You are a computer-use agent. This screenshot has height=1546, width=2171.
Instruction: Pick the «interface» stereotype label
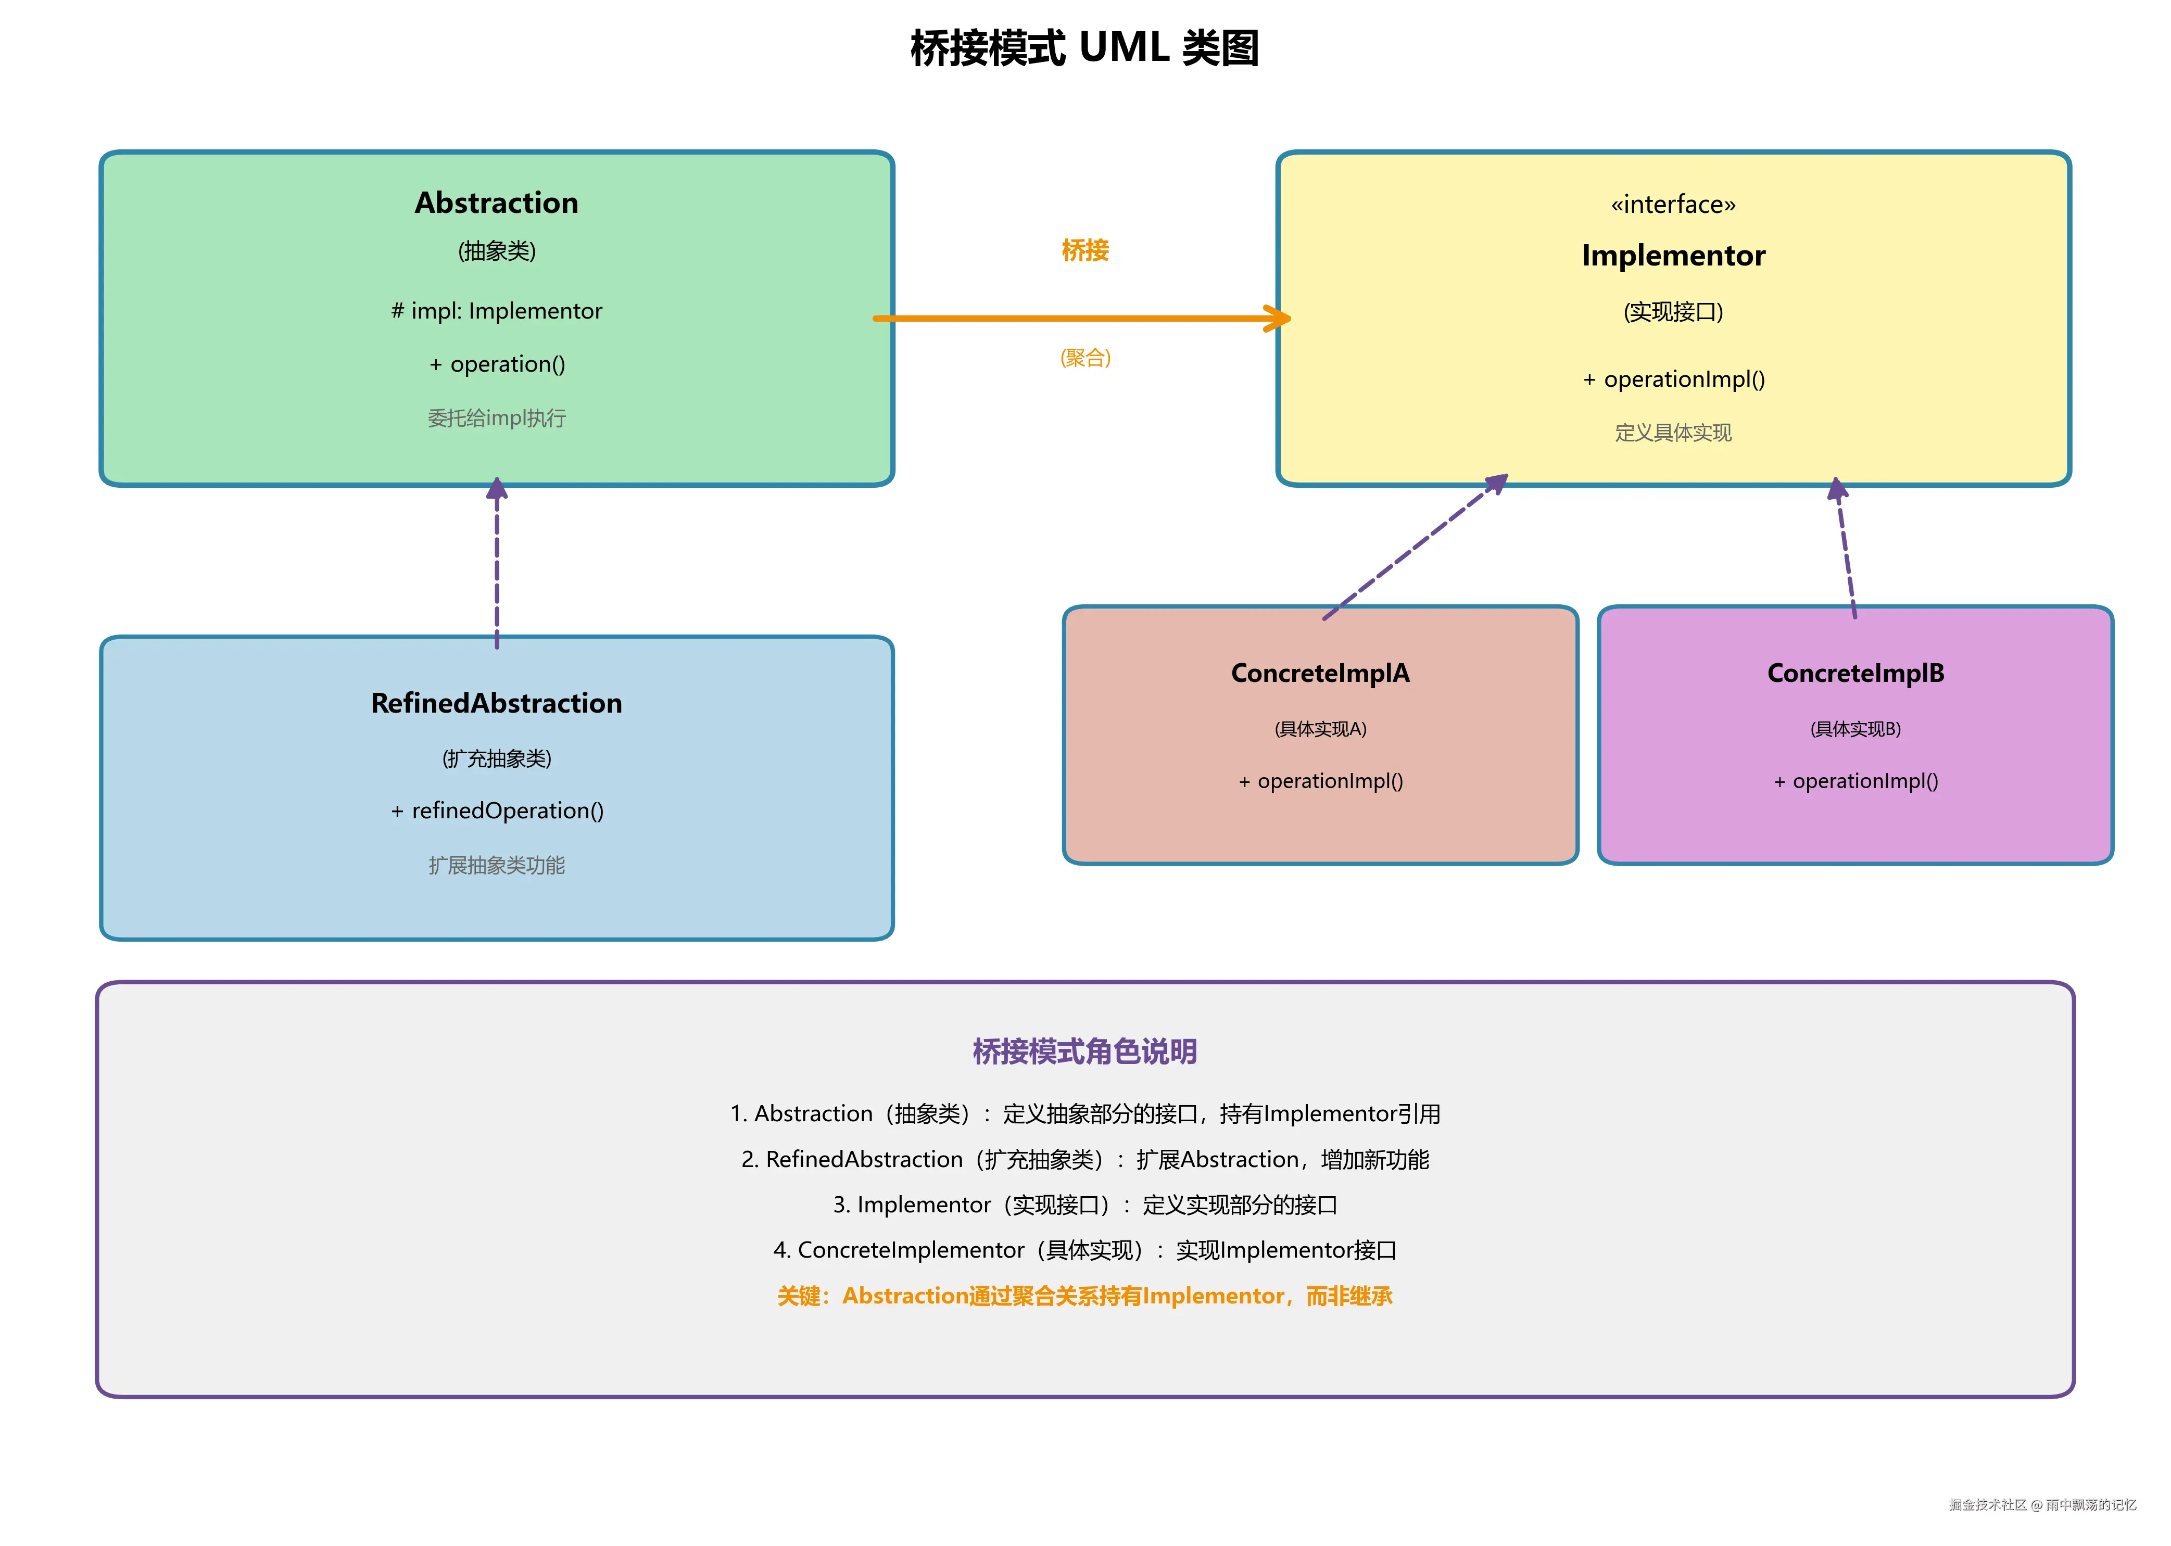[1672, 205]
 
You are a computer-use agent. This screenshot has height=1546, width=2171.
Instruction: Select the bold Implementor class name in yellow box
[1672, 256]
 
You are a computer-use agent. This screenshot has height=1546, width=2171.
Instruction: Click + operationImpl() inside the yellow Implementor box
[1672, 380]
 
